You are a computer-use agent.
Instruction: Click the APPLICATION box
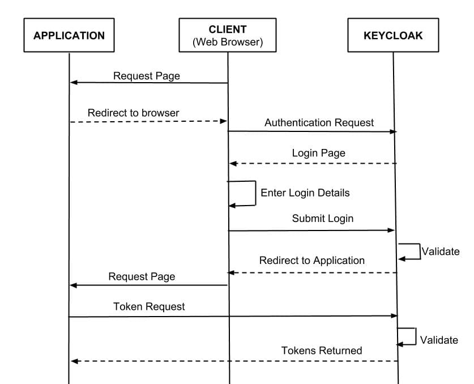tap(69, 35)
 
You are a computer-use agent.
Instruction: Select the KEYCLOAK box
tap(392, 35)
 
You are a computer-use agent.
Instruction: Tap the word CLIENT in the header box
tap(228, 29)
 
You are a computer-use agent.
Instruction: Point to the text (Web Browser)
tap(228, 42)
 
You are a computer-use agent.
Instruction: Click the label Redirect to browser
tap(133, 113)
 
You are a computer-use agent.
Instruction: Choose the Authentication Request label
tap(319, 122)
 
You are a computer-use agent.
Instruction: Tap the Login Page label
tap(318, 153)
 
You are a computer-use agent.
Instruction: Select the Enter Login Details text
tap(305, 193)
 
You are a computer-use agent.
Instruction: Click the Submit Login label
tap(322, 218)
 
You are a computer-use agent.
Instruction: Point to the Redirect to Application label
tap(311, 261)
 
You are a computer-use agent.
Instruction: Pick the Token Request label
tap(149, 306)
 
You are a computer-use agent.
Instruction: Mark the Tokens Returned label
tap(321, 351)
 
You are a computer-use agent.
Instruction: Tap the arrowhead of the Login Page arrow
tap(233, 164)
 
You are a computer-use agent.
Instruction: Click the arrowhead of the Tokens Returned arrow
tap(74, 361)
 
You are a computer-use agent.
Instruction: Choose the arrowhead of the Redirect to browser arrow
tap(223, 121)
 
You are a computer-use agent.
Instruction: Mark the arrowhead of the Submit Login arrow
tap(391, 231)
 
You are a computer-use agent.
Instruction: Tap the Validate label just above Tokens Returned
tap(439, 340)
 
